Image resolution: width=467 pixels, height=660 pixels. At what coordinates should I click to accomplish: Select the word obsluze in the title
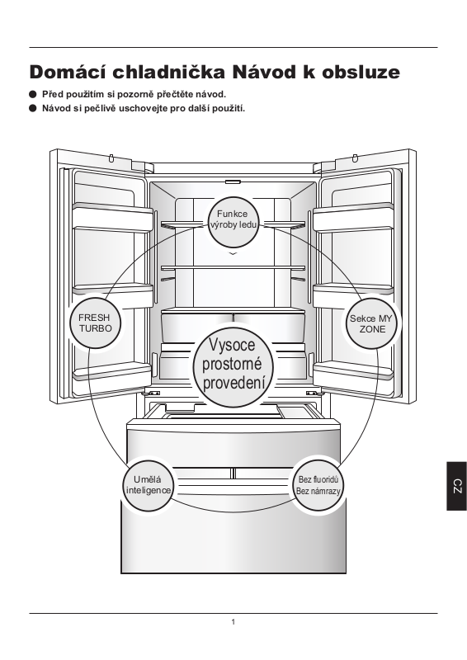(361, 72)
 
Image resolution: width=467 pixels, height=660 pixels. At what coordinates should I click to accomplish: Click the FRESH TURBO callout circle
(96, 323)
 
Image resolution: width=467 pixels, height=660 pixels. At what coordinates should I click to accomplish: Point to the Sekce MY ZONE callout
(371, 323)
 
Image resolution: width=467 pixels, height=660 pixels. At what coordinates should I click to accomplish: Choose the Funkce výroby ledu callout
(233, 221)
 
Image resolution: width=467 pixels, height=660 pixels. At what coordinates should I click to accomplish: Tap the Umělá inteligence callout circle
(148, 485)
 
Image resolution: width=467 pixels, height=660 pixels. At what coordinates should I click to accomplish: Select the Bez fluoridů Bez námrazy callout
(318, 485)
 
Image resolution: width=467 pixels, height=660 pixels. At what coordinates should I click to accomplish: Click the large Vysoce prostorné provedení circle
(233, 365)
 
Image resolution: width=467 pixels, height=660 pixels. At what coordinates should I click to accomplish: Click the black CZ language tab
(457, 486)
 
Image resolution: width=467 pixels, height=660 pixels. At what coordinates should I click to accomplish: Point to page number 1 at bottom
(233, 622)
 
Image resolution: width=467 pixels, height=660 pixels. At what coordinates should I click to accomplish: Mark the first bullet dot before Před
(33, 94)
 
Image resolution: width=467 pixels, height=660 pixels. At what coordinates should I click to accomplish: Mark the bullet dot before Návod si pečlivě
(33, 108)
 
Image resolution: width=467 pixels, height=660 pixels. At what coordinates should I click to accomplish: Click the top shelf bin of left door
(112, 216)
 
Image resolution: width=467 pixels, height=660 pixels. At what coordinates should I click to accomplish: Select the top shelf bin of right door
(354, 216)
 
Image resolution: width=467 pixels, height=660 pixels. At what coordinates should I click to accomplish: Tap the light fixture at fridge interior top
(233, 181)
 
